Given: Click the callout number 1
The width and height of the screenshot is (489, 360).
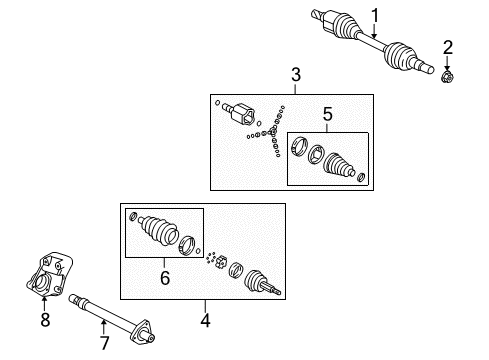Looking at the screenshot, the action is (x=375, y=16).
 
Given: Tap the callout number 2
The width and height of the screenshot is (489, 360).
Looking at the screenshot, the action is (x=448, y=48).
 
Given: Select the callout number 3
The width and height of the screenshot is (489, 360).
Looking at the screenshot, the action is (x=296, y=75).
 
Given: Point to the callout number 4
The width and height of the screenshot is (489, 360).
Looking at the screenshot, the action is (x=205, y=320).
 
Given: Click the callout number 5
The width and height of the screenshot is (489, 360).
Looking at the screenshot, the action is (x=328, y=114).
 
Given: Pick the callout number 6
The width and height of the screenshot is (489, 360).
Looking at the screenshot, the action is (x=165, y=278).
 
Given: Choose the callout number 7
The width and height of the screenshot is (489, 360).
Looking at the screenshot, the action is (x=104, y=343).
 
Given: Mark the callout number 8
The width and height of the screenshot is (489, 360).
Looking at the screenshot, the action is (x=45, y=320).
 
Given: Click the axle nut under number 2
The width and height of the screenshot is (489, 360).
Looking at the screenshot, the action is (x=447, y=77).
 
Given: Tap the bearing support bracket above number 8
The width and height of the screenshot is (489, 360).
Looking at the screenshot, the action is (x=50, y=274).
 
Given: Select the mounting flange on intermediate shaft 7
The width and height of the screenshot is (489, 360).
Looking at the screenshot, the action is (x=142, y=333).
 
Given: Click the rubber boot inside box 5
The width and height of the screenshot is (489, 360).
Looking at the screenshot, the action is (x=338, y=164).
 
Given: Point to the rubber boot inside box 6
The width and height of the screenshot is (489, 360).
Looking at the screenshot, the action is (x=158, y=230).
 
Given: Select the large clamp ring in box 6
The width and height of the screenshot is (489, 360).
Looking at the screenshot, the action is (x=187, y=245).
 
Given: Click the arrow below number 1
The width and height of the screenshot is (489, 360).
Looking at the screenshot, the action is (x=374, y=31).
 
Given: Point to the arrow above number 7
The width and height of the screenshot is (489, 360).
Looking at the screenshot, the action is (x=104, y=327).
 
